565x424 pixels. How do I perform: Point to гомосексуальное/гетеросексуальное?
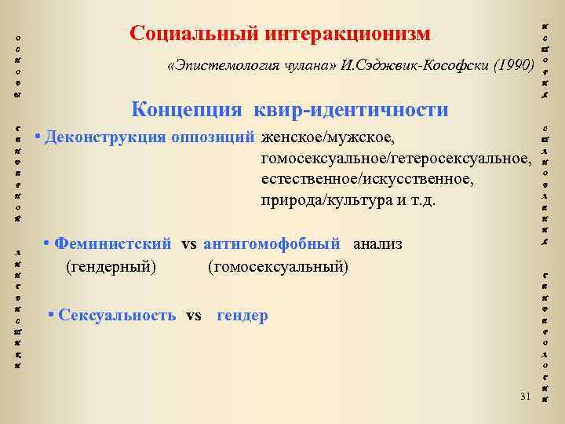coord(396,159)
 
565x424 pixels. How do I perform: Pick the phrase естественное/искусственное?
coord(367,180)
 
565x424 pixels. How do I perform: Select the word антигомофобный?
coord(272,244)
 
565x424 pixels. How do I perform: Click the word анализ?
coord(377,244)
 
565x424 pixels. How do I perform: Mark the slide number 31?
coord(525,394)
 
